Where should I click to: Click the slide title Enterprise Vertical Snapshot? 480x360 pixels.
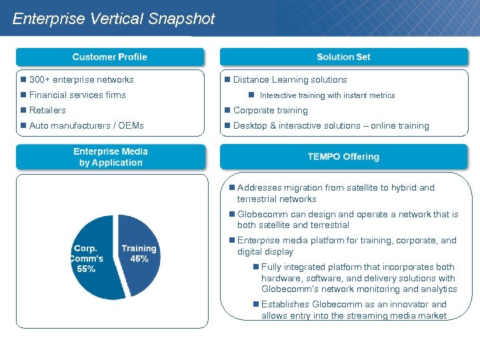pos(113,19)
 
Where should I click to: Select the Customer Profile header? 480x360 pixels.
pos(110,57)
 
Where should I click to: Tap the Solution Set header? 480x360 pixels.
pos(343,57)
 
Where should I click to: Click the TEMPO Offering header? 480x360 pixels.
pos(343,157)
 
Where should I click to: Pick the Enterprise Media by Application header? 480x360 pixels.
pos(110,157)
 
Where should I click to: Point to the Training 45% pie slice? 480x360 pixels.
pos(139,254)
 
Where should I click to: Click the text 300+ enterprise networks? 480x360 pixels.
pos(81,79)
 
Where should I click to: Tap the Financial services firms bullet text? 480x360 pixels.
pos(77,95)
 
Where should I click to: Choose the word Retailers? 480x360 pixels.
pos(47,110)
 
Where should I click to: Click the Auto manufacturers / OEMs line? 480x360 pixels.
pos(87,125)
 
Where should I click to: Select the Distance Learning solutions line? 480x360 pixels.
pos(290,79)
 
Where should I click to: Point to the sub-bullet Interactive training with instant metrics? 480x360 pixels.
pos(327,95)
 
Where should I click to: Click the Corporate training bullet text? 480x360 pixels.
pos(270,110)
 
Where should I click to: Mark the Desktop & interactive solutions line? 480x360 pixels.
pos(331,125)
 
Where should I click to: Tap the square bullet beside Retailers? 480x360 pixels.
pos(23,110)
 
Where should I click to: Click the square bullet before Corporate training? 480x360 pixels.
pos(227,110)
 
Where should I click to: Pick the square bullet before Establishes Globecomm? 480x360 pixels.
pos(256,304)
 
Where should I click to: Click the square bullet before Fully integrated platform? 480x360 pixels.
pos(256,267)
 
